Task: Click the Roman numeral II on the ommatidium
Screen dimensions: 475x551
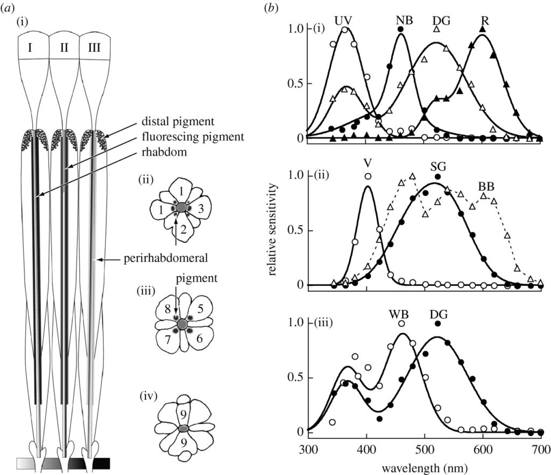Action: point(64,48)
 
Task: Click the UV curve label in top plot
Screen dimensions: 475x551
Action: point(343,20)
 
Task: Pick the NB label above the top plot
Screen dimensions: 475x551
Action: point(402,20)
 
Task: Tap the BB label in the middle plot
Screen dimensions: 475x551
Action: point(486,186)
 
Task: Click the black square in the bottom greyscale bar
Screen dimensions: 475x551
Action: point(101,463)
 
